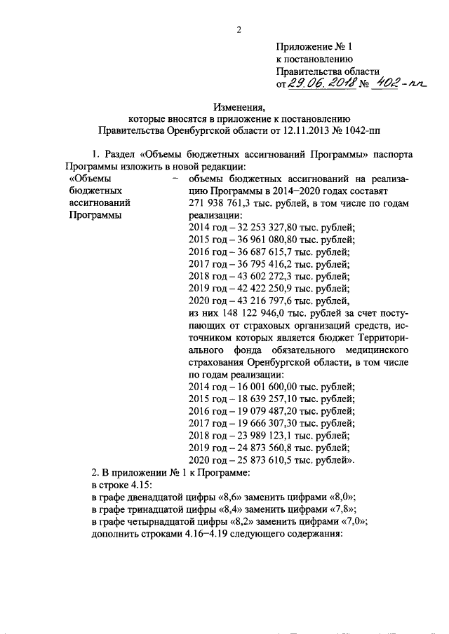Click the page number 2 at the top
pos(239,29)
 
